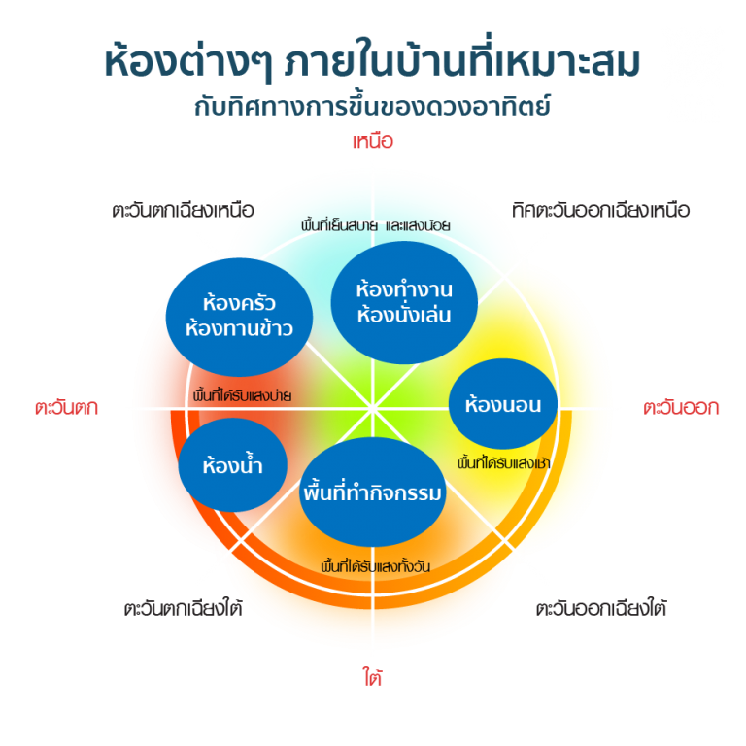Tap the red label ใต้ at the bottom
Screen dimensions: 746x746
[373, 677]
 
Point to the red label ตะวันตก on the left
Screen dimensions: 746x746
[66, 408]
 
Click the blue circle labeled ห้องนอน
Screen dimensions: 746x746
[503, 404]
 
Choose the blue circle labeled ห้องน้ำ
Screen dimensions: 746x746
[233, 465]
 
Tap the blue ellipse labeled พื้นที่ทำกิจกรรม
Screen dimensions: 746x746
[373, 493]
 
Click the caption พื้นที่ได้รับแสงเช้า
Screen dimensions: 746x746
[503, 463]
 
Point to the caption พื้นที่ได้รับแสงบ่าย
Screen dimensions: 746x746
[243, 395]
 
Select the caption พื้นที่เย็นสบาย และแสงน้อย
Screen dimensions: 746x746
[376, 225]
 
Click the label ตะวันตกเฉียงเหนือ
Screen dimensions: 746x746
[183, 210]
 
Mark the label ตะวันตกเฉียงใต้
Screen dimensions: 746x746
[184, 609]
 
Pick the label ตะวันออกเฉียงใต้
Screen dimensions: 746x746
[601, 609]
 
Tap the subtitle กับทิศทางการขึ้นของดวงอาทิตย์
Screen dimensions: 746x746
[373, 106]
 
